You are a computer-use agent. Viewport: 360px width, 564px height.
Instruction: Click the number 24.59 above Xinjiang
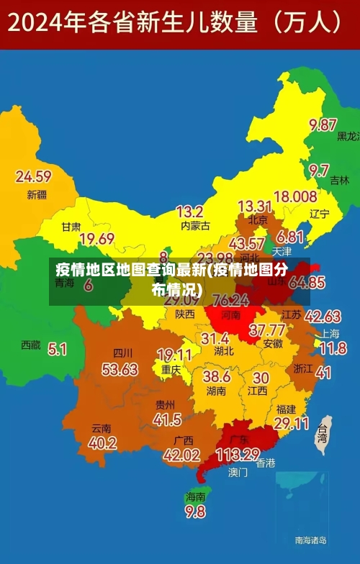pyautogui.click(x=33, y=176)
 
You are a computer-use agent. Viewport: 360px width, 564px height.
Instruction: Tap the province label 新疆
pyautogui.click(x=36, y=194)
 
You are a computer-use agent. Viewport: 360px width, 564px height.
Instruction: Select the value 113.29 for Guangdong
pyautogui.click(x=237, y=455)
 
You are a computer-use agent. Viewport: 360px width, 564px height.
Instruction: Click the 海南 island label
pyautogui.click(x=195, y=496)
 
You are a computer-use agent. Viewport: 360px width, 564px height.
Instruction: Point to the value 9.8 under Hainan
pyautogui.click(x=194, y=511)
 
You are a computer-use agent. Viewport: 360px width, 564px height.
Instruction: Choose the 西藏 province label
pyautogui.click(x=30, y=345)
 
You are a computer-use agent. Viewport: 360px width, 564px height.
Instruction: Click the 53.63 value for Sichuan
pyautogui.click(x=120, y=369)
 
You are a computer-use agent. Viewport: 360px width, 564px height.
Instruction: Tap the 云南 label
pyautogui.click(x=101, y=427)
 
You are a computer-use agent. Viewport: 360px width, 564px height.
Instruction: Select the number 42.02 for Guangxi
pyautogui.click(x=181, y=455)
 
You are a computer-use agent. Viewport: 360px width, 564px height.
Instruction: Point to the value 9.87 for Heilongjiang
pyautogui.click(x=323, y=124)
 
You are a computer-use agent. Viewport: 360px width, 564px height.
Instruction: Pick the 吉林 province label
pyautogui.click(x=339, y=181)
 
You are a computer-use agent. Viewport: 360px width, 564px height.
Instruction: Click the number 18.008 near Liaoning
pyautogui.click(x=295, y=196)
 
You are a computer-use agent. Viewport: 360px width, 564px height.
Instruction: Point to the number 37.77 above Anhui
pyautogui.click(x=266, y=330)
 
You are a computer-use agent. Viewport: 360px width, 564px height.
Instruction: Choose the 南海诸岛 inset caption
pyautogui.click(x=310, y=540)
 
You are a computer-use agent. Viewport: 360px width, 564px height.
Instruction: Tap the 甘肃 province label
pyautogui.click(x=71, y=226)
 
